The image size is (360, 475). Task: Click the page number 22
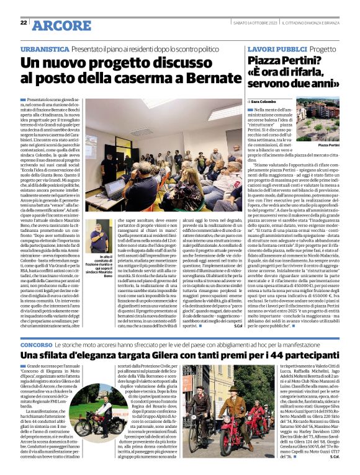pyautogui.click(x=23, y=23)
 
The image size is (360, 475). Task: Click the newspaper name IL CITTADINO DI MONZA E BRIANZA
pyautogui.click(x=310, y=24)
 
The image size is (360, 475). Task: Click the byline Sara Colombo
pyautogui.click(x=267, y=102)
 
